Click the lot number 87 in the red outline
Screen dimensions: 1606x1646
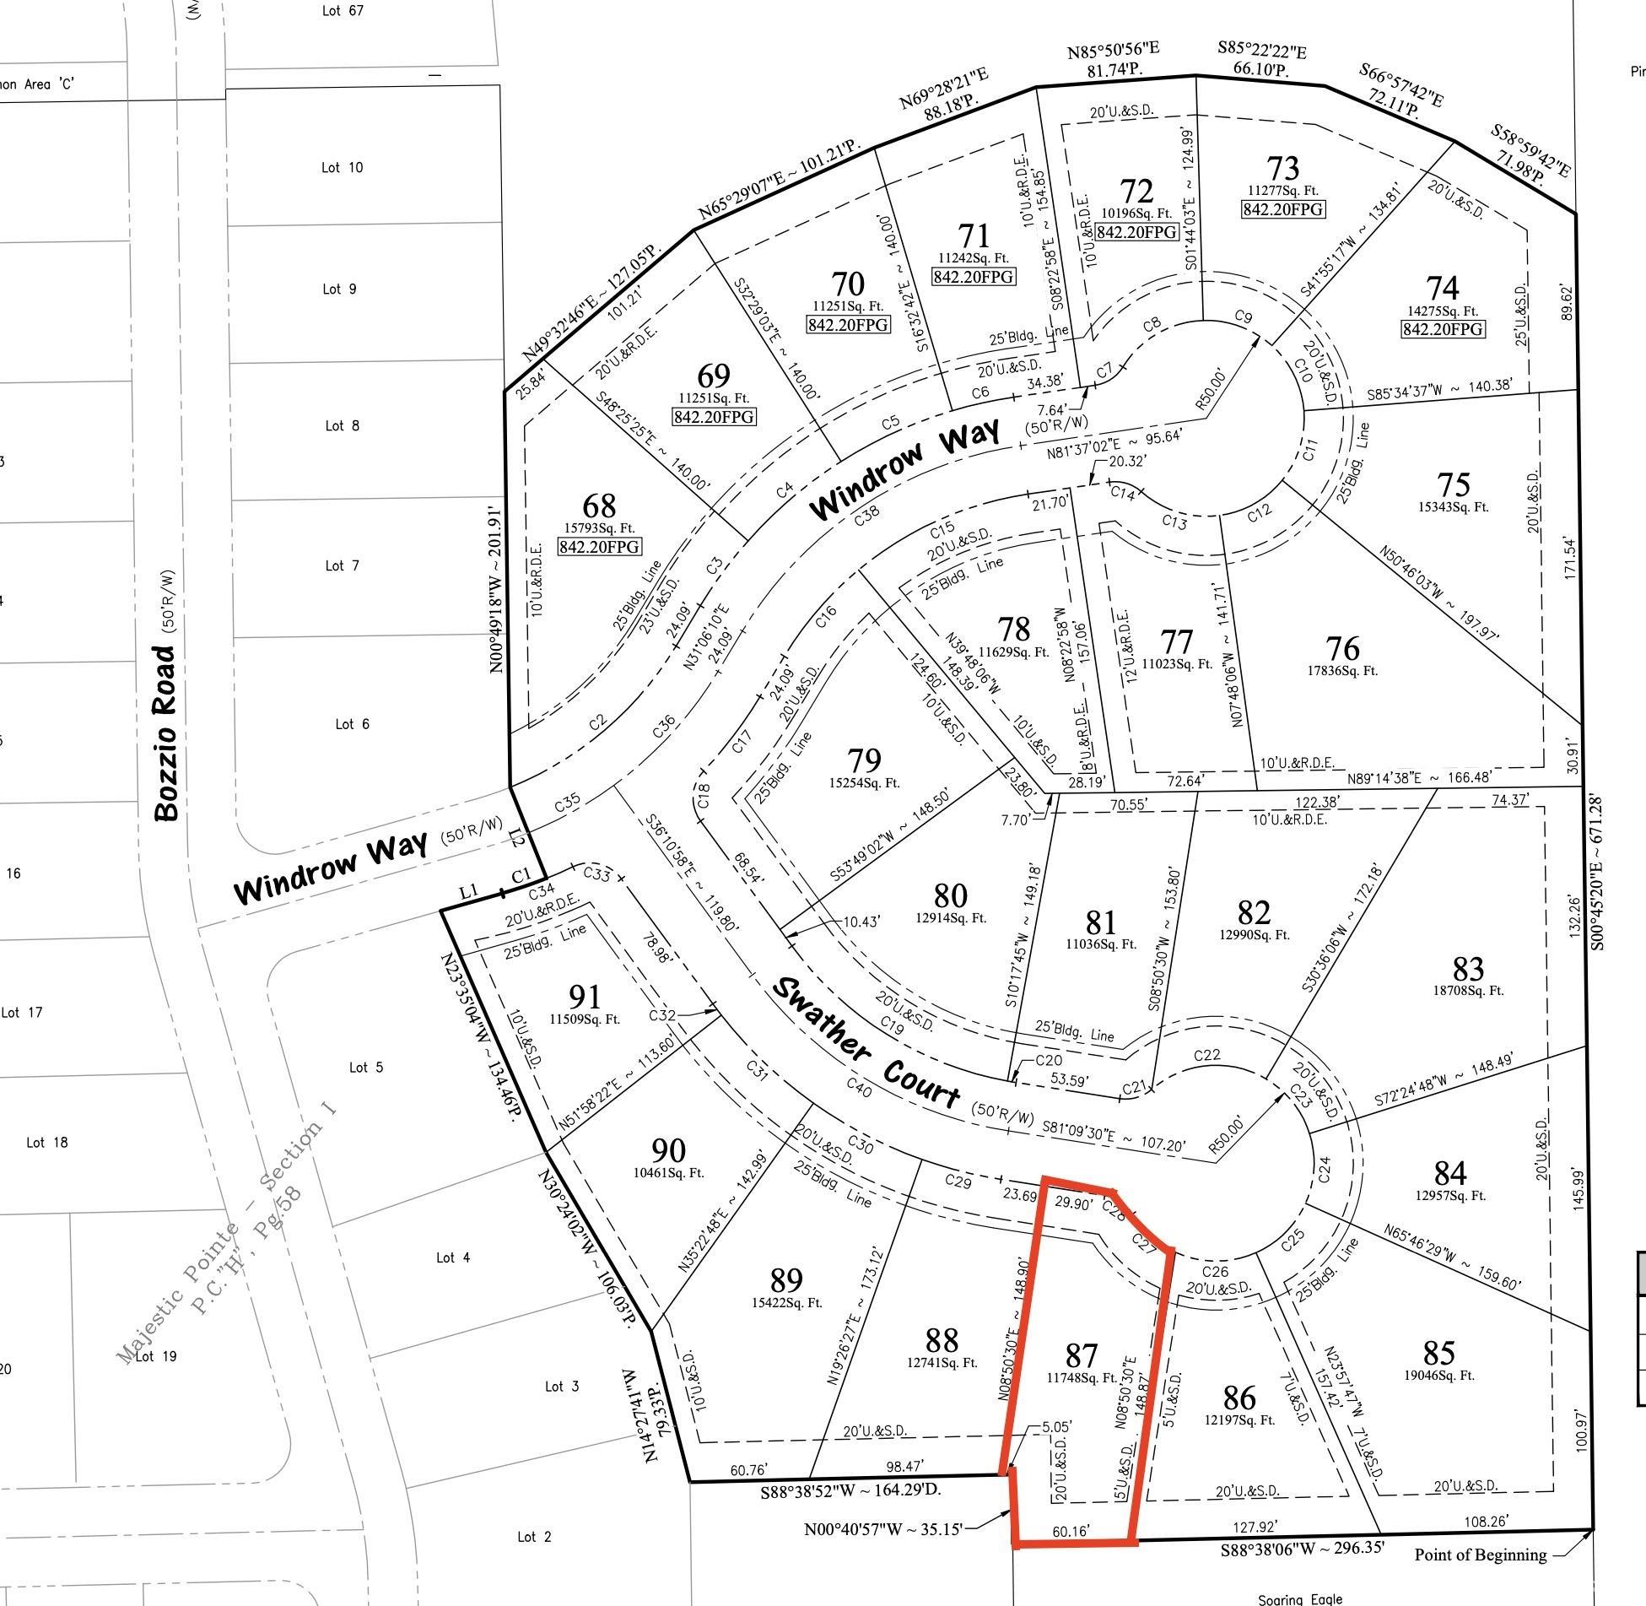click(x=1081, y=1356)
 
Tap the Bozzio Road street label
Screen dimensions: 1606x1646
click(x=167, y=733)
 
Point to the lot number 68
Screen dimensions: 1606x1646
click(x=599, y=506)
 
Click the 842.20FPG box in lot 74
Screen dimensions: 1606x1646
click(x=1442, y=329)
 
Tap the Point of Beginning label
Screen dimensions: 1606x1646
click(x=1481, y=1555)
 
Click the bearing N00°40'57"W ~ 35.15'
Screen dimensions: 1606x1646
click(x=882, y=1529)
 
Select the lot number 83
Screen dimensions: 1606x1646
click(x=1469, y=968)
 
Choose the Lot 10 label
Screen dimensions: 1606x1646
click(x=342, y=167)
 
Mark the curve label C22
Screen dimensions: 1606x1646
click(x=1207, y=1055)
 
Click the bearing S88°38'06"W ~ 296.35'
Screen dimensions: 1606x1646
click(x=1302, y=1549)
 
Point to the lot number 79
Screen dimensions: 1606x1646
click(x=864, y=760)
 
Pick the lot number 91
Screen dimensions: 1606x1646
click(x=584, y=997)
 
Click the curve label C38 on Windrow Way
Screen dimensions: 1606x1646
click(x=867, y=516)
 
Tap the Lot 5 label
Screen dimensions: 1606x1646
click(x=365, y=1068)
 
